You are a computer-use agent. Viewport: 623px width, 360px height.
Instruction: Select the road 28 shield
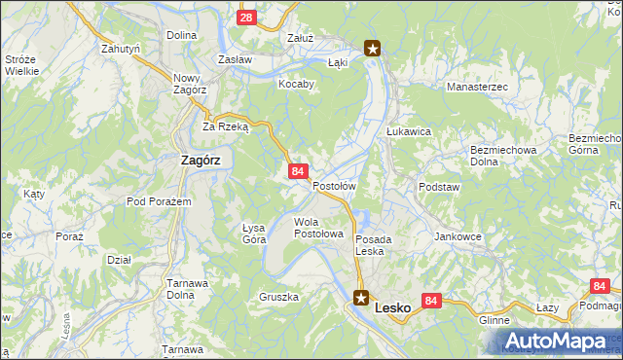(247, 18)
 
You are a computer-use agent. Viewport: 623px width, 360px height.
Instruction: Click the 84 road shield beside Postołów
(299, 171)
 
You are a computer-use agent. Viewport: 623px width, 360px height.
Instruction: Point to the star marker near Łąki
(372, 46)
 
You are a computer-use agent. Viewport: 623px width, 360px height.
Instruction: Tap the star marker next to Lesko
(361, 299)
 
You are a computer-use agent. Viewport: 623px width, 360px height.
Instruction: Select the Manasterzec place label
(477, 88)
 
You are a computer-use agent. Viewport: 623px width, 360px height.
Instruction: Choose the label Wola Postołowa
(318, 228)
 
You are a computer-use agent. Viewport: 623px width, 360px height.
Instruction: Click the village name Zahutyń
(122, 47)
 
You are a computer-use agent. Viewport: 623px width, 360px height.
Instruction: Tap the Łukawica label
(408, 130)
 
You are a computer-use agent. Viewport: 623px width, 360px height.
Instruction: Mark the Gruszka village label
(278, 296)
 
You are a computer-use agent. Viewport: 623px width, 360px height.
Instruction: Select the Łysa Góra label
(254, 233)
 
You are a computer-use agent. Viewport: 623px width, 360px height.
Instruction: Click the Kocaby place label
(297, 85)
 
